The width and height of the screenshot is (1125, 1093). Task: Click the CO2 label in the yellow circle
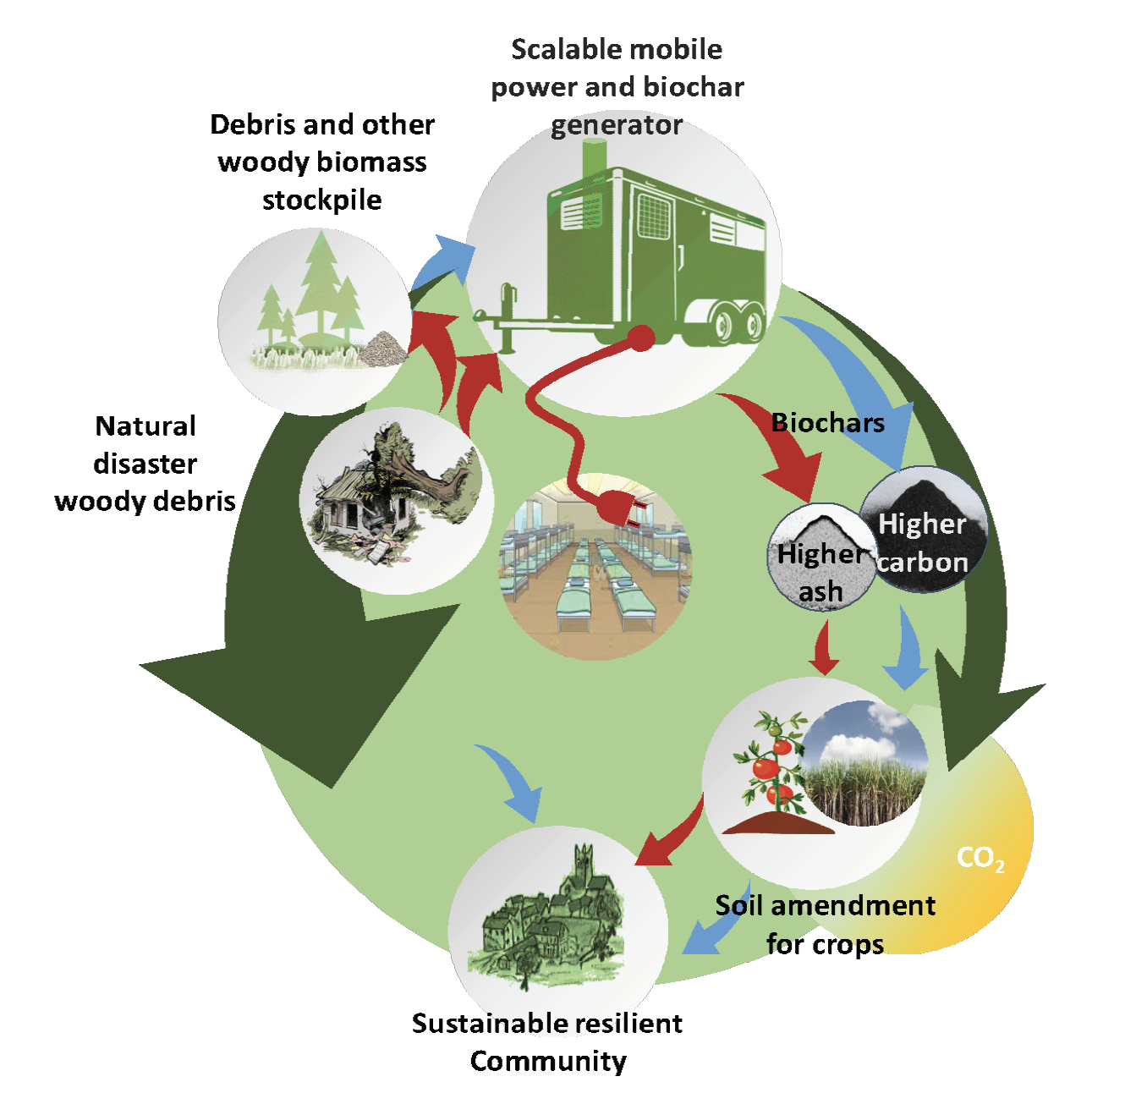(x=980, y=859)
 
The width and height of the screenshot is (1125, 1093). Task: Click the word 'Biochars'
(x=828, y=422)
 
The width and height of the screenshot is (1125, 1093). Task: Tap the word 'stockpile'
(x=321, y=200)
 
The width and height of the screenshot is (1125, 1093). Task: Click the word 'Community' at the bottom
(x=548, y=1061)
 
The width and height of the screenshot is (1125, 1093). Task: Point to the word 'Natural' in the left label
(x=145, y=426)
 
